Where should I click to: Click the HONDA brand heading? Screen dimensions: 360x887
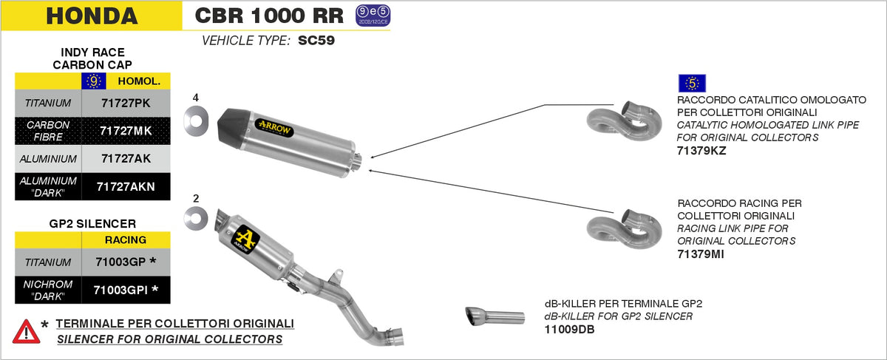tap(92, 16)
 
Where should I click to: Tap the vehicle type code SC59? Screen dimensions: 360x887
tap(316, 41)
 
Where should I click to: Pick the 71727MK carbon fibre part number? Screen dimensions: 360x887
tap(125, 130)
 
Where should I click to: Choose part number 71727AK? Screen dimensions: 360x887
tap(125, 158)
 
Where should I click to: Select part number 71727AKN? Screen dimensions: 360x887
tap(126, 186)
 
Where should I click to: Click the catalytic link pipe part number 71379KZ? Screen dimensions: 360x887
tap(701, 150)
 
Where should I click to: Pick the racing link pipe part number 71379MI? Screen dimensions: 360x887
tap(700, 254)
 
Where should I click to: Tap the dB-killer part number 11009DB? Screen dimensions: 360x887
tap(569, 329)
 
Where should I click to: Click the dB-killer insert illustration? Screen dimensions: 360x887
tap(493, 315)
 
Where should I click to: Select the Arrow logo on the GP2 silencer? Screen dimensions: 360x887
tap(244, 231)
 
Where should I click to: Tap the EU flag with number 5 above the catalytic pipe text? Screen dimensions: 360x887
tap(692, 84)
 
